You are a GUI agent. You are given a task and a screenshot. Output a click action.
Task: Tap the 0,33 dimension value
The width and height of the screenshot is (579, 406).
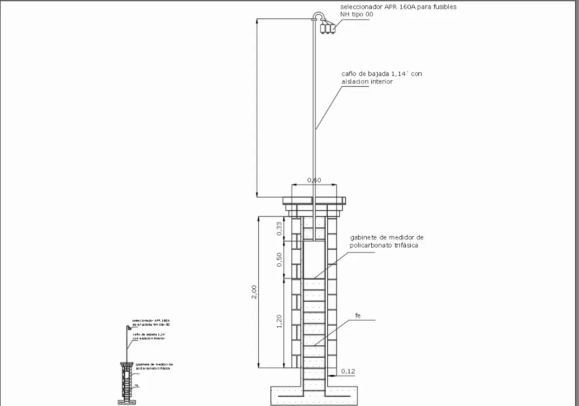279,229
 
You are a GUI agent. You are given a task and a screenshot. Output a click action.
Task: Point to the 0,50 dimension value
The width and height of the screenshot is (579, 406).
279,260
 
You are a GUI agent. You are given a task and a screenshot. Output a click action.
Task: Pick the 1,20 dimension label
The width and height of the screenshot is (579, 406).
279,322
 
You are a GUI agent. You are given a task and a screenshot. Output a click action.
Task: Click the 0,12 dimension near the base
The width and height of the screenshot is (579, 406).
347,371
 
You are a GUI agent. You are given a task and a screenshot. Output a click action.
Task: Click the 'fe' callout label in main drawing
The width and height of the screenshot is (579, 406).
358,315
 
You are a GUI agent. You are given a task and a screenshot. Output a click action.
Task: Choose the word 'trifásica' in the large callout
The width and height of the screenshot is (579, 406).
403,245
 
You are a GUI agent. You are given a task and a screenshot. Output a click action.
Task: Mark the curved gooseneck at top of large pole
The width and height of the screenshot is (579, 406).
318,16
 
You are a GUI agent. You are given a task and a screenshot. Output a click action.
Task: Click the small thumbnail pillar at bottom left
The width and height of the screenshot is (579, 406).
126,383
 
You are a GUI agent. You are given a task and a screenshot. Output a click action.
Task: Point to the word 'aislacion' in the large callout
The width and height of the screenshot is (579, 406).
355,81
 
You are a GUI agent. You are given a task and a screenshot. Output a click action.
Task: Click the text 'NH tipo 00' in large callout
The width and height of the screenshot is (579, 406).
357,15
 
